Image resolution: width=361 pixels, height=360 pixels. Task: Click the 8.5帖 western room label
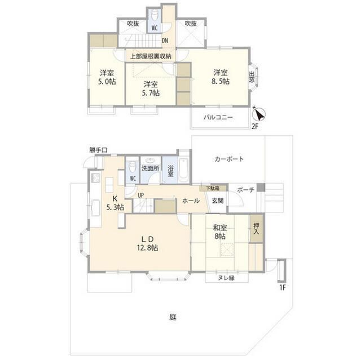(x=221, y=77)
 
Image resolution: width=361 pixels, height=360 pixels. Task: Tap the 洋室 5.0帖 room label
(x=104, y=77)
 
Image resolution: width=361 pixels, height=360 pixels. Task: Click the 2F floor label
(x=256, y=127)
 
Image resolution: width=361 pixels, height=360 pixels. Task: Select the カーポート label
(x=229, y=159)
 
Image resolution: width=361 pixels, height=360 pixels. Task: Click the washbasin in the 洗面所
(x=151, y=160)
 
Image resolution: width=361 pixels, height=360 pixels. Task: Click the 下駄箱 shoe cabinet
(x=213, y=188)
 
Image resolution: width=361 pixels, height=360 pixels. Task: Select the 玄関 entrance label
(x=218, y=201)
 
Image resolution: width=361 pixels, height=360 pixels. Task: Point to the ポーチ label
(x=245, y=189)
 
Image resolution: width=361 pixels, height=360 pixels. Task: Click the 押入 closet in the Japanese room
(x=257, y=228)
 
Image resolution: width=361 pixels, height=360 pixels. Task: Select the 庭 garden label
(x=173, y=317)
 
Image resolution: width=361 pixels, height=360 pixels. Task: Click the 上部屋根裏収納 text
(x=150, y=56)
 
